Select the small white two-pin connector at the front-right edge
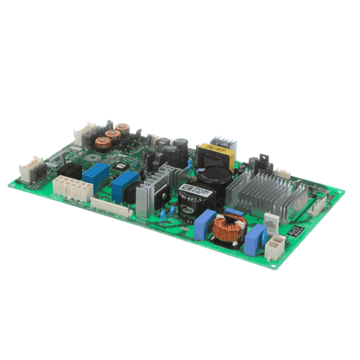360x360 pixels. pyautogui.click(x=274, y=248)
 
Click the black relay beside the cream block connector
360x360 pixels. pyautogui.click(x=71, y=171)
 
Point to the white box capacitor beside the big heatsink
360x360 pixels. pyautogui.click(x=271, y=221)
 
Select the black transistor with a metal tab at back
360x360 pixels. pyautogui.click(x=261, y=160)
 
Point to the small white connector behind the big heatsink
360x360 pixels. pyautogui.click(x=282, y=172)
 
